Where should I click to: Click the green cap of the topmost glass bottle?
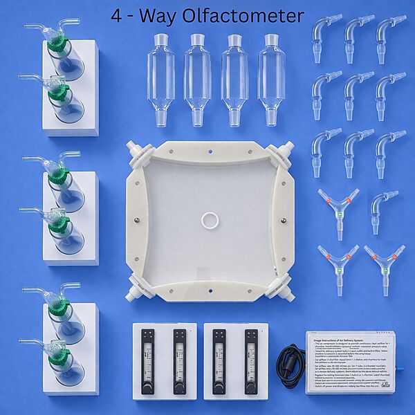point(57,44)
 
